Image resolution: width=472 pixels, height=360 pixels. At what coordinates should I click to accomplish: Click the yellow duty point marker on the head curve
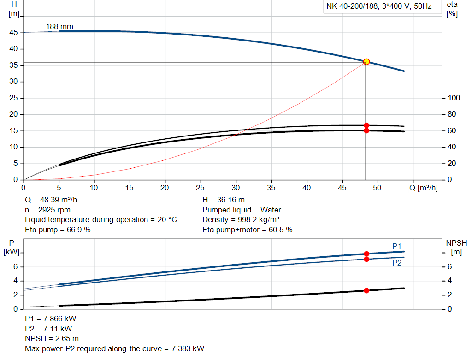366,62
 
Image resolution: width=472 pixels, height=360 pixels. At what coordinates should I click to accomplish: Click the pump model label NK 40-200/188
379,7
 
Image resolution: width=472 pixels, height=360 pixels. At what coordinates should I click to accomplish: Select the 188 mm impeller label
59,27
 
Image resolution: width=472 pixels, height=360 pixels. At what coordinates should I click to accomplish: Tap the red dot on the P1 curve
366,254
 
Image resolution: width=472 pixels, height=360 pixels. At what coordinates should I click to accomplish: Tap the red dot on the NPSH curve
366,290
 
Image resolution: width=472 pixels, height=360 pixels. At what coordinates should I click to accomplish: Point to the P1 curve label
397,246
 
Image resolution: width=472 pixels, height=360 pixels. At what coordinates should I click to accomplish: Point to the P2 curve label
397,263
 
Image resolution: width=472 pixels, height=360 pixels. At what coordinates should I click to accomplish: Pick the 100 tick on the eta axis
454,98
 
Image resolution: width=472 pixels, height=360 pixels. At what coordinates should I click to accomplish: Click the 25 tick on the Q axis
201,188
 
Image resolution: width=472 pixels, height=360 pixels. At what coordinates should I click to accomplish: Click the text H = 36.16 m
223,200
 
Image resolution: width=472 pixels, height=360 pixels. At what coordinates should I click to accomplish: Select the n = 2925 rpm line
47,210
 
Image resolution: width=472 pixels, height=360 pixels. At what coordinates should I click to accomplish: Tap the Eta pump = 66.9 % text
58,230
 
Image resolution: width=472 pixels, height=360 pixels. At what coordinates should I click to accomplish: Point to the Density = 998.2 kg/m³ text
241,219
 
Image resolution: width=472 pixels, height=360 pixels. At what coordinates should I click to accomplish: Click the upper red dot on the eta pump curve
366,125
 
